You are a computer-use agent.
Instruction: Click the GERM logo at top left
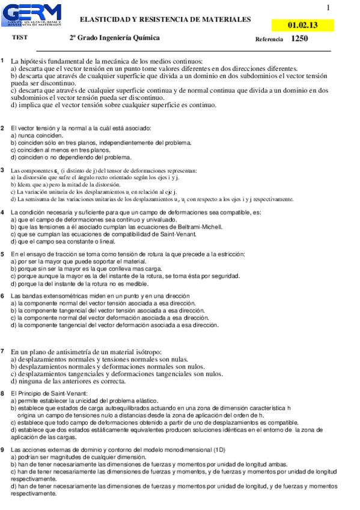click(35, 14)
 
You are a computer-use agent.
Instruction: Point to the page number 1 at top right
click(328, 8)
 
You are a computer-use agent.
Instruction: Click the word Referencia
click(269, 39)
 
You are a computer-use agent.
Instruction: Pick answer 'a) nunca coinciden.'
click(37, 135)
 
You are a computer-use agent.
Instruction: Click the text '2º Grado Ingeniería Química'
click(114, 38)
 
